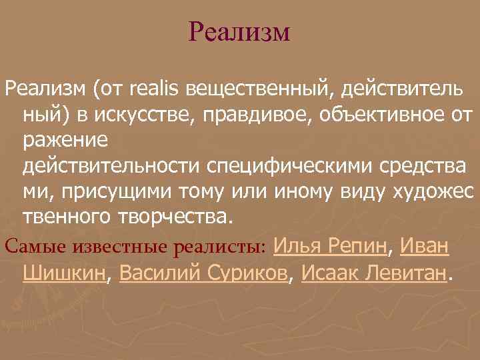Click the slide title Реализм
[239, 32]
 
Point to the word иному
[297, 193]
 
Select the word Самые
[27, 247]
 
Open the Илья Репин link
[331, 245]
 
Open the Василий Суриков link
[203, 272]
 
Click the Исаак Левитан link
[373, 272]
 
